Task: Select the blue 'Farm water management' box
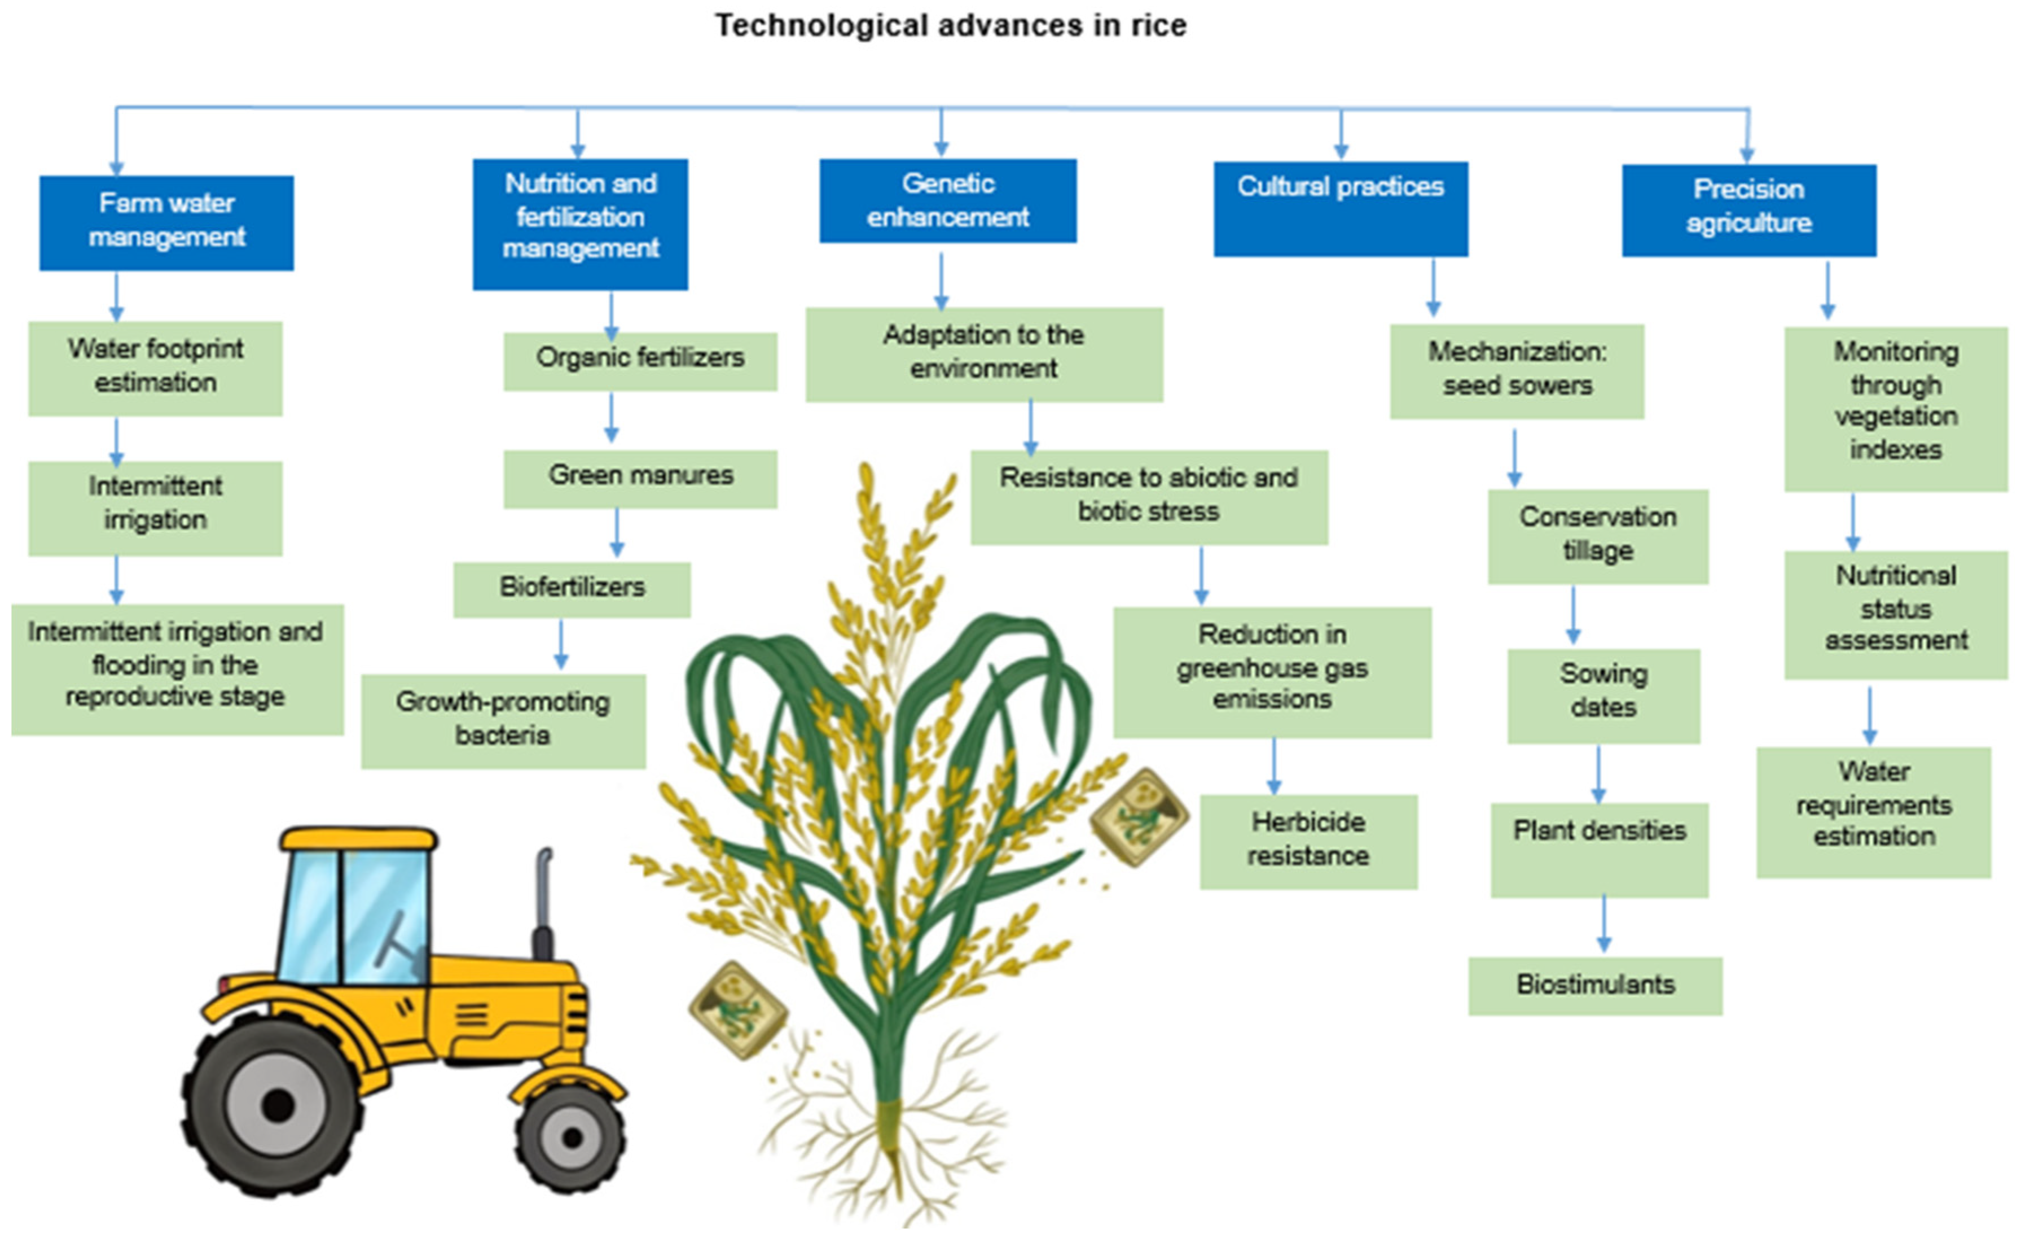(166, 222)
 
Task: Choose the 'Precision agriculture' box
(1748, 210)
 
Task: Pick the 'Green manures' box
(640, 478)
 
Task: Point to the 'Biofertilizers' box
(572, 589)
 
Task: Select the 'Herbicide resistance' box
(1308, 841)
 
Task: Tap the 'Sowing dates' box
(1603, 695)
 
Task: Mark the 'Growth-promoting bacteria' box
(503, 720)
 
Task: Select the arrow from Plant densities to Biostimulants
(1603, 925)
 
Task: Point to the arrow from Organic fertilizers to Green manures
(611, 418)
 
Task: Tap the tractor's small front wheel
(572, 1137)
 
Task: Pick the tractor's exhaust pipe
(543, 903)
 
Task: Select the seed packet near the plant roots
(737, 1010)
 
